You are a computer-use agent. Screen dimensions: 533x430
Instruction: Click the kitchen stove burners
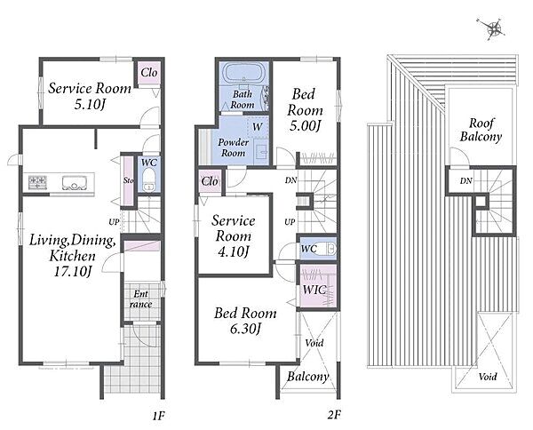(x=37, y=182)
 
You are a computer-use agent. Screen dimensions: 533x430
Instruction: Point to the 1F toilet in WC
(x=148, y=180)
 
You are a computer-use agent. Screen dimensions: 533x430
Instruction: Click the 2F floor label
(x=334, y=415)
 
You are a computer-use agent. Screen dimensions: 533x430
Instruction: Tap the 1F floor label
(x=158, y=416)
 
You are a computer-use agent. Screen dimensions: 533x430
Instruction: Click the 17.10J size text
(x=73, y=271)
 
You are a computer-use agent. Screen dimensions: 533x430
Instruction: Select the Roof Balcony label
(x=481, y=130)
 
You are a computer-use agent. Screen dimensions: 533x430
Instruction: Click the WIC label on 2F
(x=314, y=290)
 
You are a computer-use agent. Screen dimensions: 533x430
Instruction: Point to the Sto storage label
(x=128, y=180)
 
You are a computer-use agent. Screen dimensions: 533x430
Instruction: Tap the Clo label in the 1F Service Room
(x=149, y=72)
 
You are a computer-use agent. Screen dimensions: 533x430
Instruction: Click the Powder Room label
(x=233, y=147)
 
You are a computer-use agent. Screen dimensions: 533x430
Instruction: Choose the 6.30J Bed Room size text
(x=245, y=329)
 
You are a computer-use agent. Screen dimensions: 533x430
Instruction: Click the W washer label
(x=258, y=127)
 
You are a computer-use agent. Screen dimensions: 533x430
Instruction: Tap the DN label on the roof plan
(x=466, y=181)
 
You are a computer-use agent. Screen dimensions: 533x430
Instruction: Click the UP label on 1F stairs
(x=114, y=222)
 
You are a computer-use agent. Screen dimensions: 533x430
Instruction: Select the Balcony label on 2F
(x=307, y=377)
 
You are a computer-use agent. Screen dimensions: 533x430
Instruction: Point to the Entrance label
(x=140, y=299)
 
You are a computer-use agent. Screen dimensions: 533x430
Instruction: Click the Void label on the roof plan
(x=488, y=377)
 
